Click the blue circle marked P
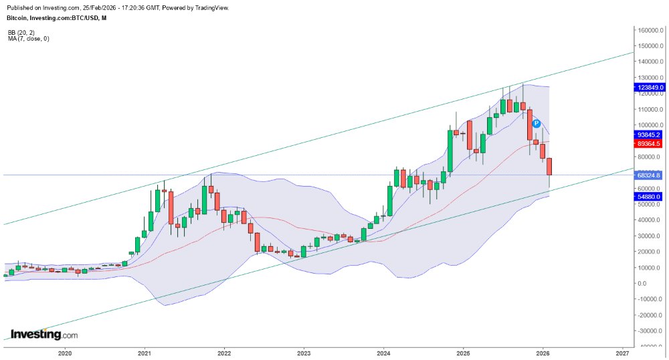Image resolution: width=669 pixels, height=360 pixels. point(536,124)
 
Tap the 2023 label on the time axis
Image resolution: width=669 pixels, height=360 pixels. point(304,353)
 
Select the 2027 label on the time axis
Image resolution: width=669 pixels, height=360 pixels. point(622,353)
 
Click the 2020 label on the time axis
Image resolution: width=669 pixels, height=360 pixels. point(65,353)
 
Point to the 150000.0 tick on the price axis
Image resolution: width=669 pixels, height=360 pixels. point(650,46)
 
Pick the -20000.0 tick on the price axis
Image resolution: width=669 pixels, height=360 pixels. point(650,315)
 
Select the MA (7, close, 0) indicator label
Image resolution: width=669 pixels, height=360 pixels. point(28,39)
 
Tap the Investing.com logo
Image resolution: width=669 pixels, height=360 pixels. point(44,335)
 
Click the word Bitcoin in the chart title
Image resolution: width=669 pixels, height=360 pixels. point(18,17)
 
